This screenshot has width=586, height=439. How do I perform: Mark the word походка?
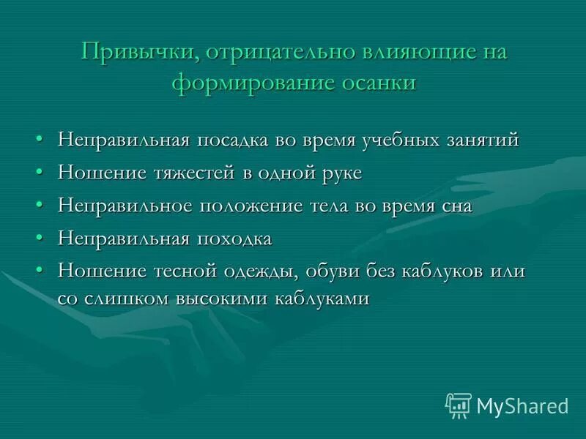(x=234, y=239)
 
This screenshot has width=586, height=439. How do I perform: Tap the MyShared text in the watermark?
(x=522, y=405)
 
